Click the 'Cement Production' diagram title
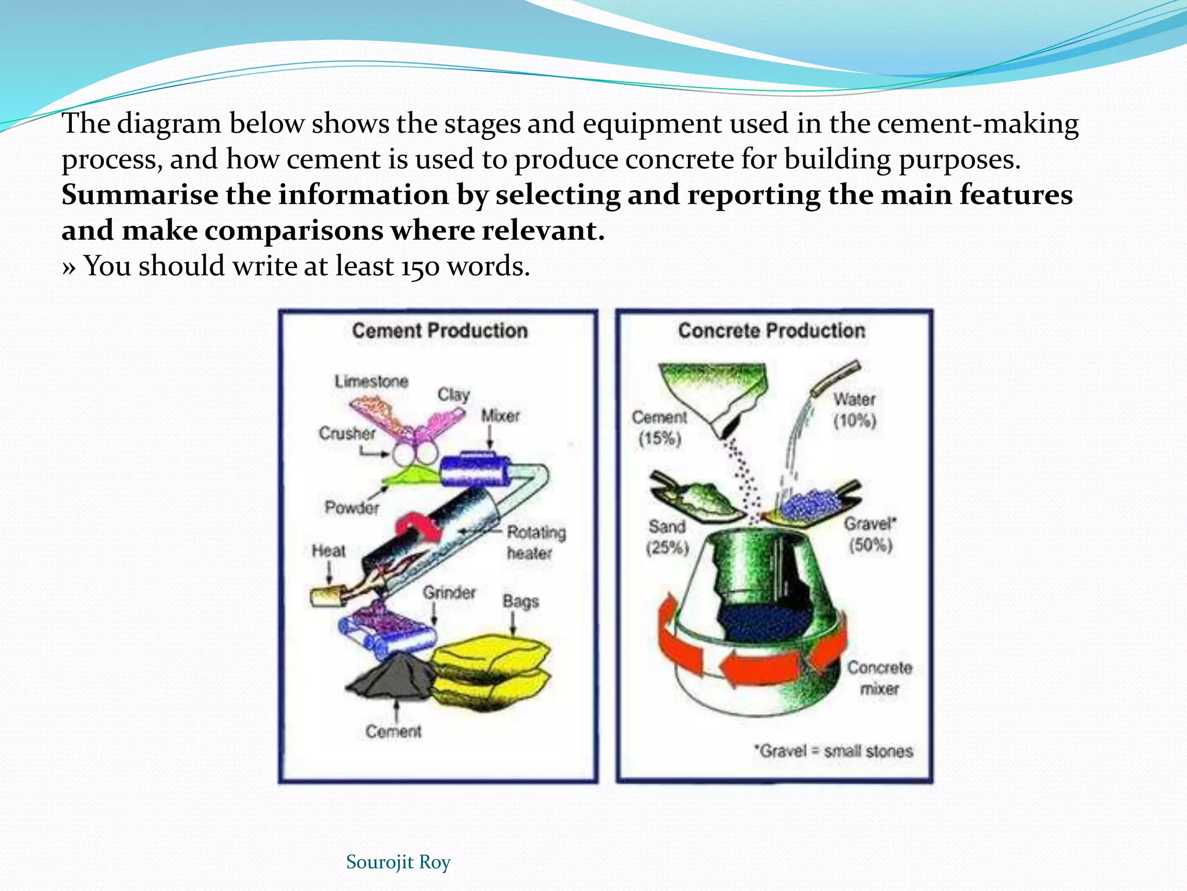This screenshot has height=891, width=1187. pos(440,331)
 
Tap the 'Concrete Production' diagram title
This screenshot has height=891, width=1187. pos(771,331)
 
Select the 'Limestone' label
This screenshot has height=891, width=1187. pos(372,381)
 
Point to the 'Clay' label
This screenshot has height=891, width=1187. pos(453,394)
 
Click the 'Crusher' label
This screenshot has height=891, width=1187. pos(347,433)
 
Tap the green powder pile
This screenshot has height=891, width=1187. pos(412,477)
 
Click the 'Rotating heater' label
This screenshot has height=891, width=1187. pos(536,542)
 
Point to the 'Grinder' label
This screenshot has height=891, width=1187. pos(449,592)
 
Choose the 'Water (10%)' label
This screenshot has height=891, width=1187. pos(854,410)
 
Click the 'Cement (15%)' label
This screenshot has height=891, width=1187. pos(660,428)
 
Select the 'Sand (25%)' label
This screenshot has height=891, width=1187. pos(667,537)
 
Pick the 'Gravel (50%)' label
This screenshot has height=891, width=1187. pos(870,534)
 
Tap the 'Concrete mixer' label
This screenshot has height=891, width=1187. pos(879,678)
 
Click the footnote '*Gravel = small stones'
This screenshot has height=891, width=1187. pos(833,751)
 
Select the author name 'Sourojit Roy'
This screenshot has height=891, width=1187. pos(398,862)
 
